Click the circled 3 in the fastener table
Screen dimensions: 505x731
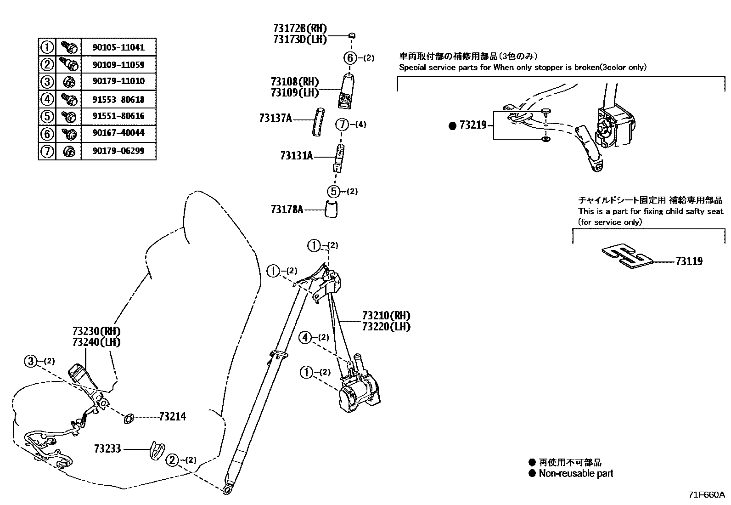47,82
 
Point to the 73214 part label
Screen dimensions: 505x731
173,417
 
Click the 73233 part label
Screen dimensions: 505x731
107,448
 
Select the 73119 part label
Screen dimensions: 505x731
689,261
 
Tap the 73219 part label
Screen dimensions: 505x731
473,125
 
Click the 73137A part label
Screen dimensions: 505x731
276,119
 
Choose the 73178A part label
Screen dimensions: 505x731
287,210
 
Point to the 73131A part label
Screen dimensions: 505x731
296,156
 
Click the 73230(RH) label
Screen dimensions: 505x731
96,331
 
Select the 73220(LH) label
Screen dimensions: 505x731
386,327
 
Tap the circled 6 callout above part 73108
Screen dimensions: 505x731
350,58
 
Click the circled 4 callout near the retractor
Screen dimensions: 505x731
305,338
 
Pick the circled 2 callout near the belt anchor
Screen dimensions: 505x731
172,460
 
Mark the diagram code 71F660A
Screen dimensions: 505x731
706,495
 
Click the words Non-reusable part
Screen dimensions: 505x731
576,473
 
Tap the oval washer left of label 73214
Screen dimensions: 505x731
129,418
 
